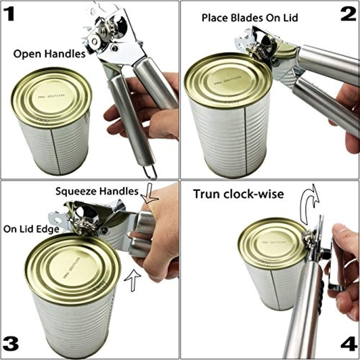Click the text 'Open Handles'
pyautogui.click(x=49, y=54)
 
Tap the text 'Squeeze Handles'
pyautogui.click(x=97, y=191)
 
